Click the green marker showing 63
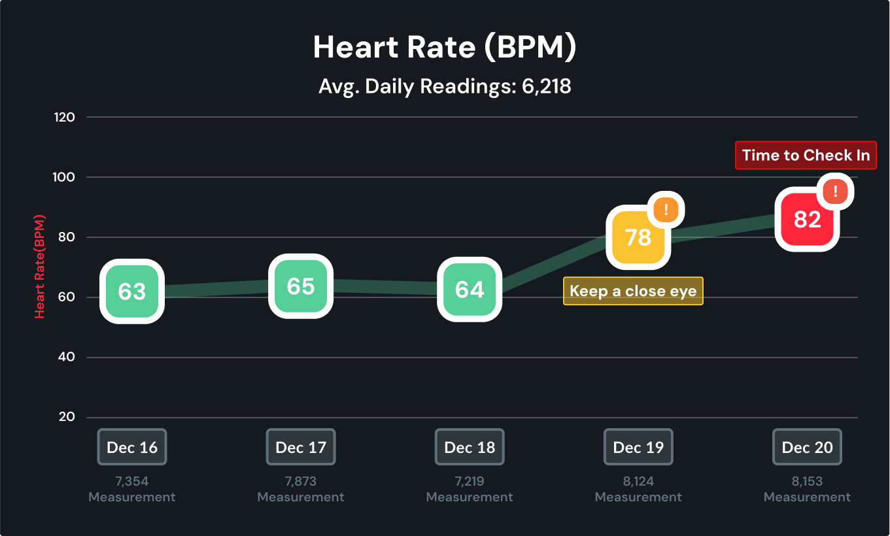coord(131,292)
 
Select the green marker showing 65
coord(301,286)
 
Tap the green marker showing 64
coord(470,290)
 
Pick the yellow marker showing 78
coord(638,237)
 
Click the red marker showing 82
coord(807,220)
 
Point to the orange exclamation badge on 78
coord(666,210)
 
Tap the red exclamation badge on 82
coord(835,192)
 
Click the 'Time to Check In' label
coord(806,156)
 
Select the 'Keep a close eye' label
coord(633,291)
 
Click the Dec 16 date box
coord(132,447)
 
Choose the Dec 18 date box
coord(470,447)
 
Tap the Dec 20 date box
coord(807,447)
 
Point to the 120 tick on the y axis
coord(67,118)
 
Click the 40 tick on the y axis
coord(67,358)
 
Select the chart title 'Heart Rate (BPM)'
coord(445,48)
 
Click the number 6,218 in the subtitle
coord(547,86)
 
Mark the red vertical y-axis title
coord(40,266)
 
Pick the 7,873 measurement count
coord(301,482)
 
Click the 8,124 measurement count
coord(638,482)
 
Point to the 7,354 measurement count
coord(132,482)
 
